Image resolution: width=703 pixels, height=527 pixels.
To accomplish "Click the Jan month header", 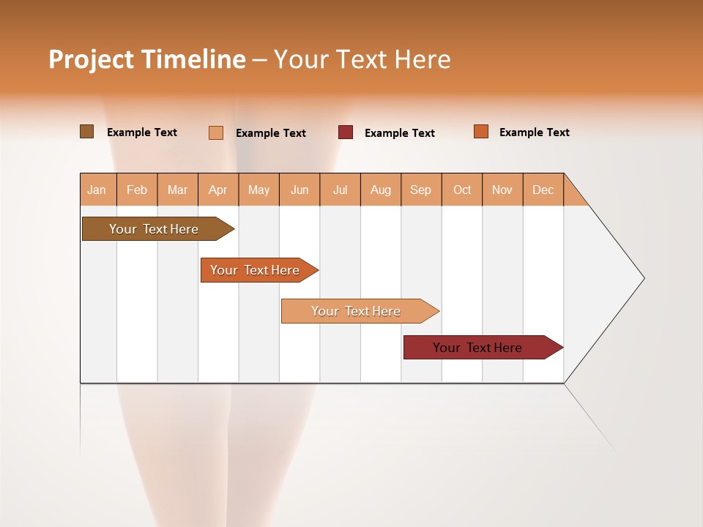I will [x=97, y=190].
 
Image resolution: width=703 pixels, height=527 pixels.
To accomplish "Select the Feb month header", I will [x=137, y=190].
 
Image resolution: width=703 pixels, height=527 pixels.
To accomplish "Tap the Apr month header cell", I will [x=218, y=190].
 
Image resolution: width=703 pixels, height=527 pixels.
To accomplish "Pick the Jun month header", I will [x=300, y=190].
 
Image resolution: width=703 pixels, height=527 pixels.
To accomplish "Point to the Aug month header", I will [x=381, y=190].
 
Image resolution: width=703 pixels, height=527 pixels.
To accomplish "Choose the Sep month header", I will [x=421, y=190].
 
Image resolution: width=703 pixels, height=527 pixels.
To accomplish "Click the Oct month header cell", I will [x=462, y=190].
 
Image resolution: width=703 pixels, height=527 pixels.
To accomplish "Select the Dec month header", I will [x=543, y=190].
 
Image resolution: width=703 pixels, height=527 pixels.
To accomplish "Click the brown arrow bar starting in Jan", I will [x=155, y=229].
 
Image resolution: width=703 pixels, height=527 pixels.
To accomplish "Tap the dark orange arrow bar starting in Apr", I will [x=256, y=270].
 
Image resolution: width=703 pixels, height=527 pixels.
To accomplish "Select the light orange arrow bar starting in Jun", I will [x=357, y=311].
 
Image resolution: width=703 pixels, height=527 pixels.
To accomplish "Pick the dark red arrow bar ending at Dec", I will [x=478, y=348].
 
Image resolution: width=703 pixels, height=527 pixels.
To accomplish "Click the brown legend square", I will [x=87, y=132].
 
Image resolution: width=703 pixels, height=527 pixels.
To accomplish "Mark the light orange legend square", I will [x=216, y=132].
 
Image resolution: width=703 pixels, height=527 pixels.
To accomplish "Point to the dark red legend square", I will [x=346, y=132].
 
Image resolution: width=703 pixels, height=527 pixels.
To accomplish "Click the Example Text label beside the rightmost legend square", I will [x=534, y=132].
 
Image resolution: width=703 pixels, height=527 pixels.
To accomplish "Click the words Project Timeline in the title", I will [x=146, y=59].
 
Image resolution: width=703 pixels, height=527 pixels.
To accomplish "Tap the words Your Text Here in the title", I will [x=362, y=59].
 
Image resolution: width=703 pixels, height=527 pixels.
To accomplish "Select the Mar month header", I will [x=177, y=190].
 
